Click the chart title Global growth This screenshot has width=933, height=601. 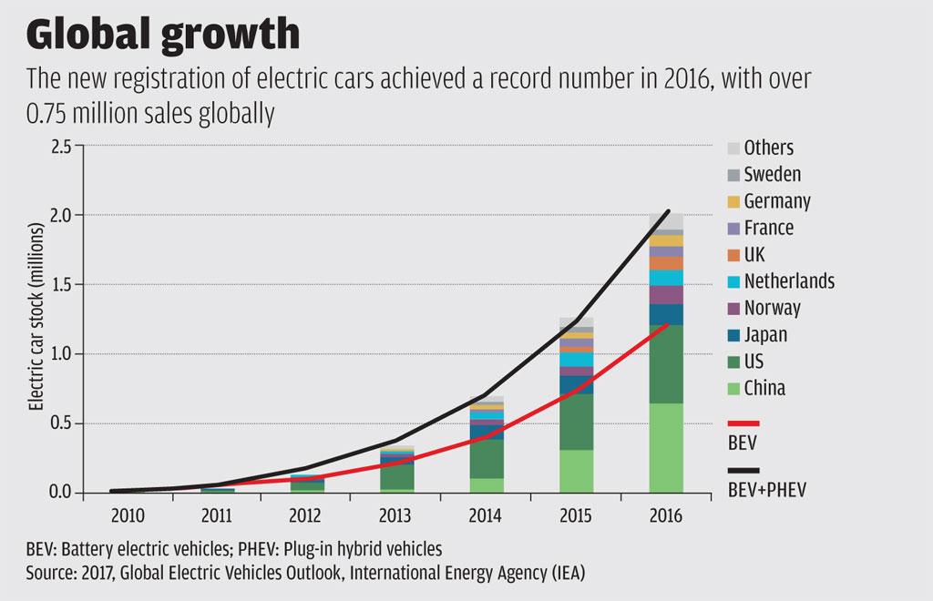click(163, 34)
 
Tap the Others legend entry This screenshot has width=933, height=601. click(768, 148)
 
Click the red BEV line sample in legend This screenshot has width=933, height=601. click(743, 423)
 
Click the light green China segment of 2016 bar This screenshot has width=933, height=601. click(666, 448)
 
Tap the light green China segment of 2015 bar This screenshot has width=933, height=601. click(575, 471)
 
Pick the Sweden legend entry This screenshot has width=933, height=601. click(772, 174)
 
